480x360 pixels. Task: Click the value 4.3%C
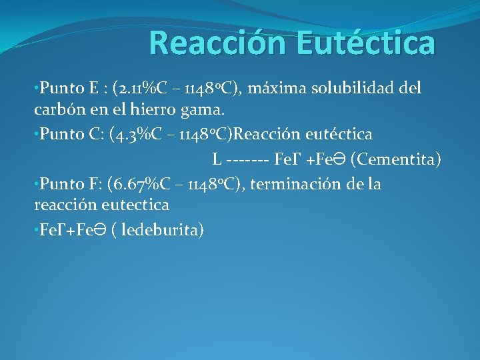[141, 134]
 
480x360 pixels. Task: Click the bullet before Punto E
[37, 89]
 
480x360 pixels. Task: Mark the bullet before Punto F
[37, 185]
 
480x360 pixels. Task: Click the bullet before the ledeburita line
[37, 231]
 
